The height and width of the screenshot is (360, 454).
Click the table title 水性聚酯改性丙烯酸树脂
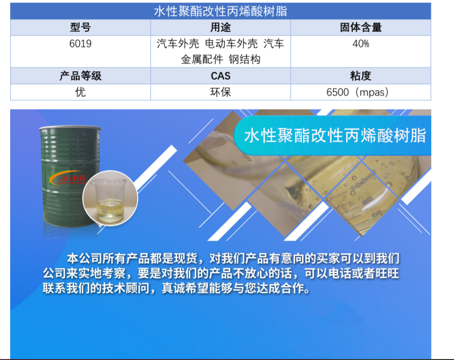221,11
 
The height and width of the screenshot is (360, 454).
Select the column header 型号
81,27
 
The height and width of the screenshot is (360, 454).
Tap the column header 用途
221,27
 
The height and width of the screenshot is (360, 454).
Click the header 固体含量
361,27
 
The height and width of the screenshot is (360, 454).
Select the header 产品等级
81,76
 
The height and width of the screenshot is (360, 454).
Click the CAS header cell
221,76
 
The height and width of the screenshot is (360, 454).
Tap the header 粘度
361,76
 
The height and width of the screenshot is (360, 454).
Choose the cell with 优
81,92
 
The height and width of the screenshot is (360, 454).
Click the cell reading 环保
221,92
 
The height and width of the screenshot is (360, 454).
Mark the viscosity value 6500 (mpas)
358,92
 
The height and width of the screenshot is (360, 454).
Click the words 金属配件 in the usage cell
202,59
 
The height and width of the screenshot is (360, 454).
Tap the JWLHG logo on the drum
68,178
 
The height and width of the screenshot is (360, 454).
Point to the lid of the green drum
70,128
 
